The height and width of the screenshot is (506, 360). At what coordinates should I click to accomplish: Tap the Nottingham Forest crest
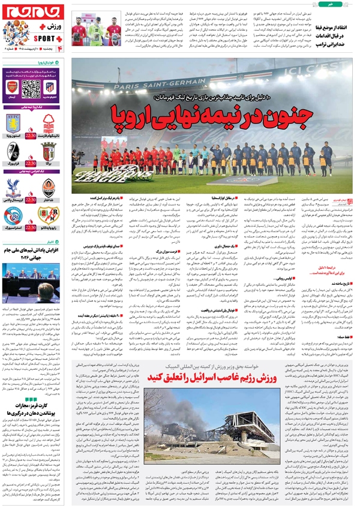click(49, 124)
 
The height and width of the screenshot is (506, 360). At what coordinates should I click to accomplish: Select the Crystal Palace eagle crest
click(13, 188)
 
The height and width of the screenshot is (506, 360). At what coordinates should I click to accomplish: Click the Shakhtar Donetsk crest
click(49, 188)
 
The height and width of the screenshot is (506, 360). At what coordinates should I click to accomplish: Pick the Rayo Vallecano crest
click(49, 215)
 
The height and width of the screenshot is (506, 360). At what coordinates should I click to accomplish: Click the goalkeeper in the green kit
click(95, 31)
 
